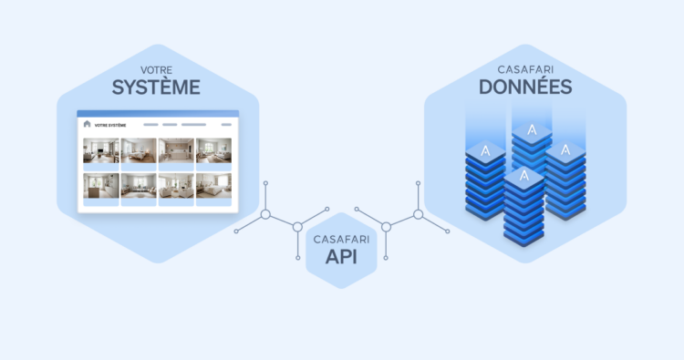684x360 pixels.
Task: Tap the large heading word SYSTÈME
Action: [x=157, y=87]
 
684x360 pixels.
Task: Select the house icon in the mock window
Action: [x=88, y=124]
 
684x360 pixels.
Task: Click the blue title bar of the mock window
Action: [x=157, y=114]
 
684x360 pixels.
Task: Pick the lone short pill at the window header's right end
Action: [x=223, y=124]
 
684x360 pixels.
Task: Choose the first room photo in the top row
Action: [x=101, y=150]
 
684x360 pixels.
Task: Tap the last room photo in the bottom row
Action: [x=213, y=186]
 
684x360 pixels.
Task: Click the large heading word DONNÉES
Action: [x=525, y=87]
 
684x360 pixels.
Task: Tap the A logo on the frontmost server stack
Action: [x=524, y=177]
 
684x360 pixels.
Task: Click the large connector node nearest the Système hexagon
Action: [x=265, y=215]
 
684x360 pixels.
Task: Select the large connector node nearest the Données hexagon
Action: [x=418, y=214]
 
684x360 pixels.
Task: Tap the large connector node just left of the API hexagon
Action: [x=297, y=227]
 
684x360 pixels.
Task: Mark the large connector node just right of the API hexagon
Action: [x=386, y=227]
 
